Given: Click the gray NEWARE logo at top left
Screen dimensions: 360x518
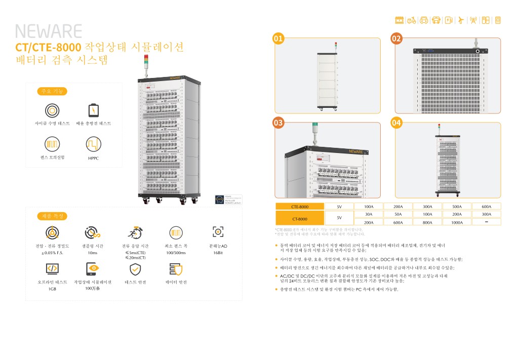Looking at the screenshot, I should click(x=49, y=31).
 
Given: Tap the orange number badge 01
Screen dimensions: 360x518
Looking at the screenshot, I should click(x=278, y=38).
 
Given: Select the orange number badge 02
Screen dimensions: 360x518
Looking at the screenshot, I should click(x=396, y=38).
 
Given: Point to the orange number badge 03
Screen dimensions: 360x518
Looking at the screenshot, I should click(x=278, y=123).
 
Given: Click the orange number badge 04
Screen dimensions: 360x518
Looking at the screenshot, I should click(x=396, y=123).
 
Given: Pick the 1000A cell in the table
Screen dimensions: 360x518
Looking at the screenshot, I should click(x=457, y=222).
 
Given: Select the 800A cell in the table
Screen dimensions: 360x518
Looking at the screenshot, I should click(x=427, y=222).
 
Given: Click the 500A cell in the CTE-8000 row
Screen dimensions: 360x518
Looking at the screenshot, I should click(x=457, y=207).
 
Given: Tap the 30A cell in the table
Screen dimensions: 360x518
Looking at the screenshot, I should click(x=369, y=214).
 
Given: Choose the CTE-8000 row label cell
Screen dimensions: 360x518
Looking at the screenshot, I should click(x=300, y=207).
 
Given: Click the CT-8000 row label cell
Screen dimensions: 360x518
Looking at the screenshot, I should click(x=300, y=218).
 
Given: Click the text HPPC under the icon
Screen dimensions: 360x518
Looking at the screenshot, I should click(x=94, y=158).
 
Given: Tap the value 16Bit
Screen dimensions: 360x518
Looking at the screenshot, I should click(x=218, y=252).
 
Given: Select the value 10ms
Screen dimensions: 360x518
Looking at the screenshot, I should click(x=92, y=252).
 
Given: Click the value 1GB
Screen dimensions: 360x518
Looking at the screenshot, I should click(x=52, y=289).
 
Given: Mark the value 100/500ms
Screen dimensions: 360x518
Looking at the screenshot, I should click(x=176, y=252).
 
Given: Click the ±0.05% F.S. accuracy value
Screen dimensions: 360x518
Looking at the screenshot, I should click(x=52, y=252).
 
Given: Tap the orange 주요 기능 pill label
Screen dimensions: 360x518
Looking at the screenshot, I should click(x=52, y=92).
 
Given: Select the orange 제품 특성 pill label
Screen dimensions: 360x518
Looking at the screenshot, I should click(x=52, y=216).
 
